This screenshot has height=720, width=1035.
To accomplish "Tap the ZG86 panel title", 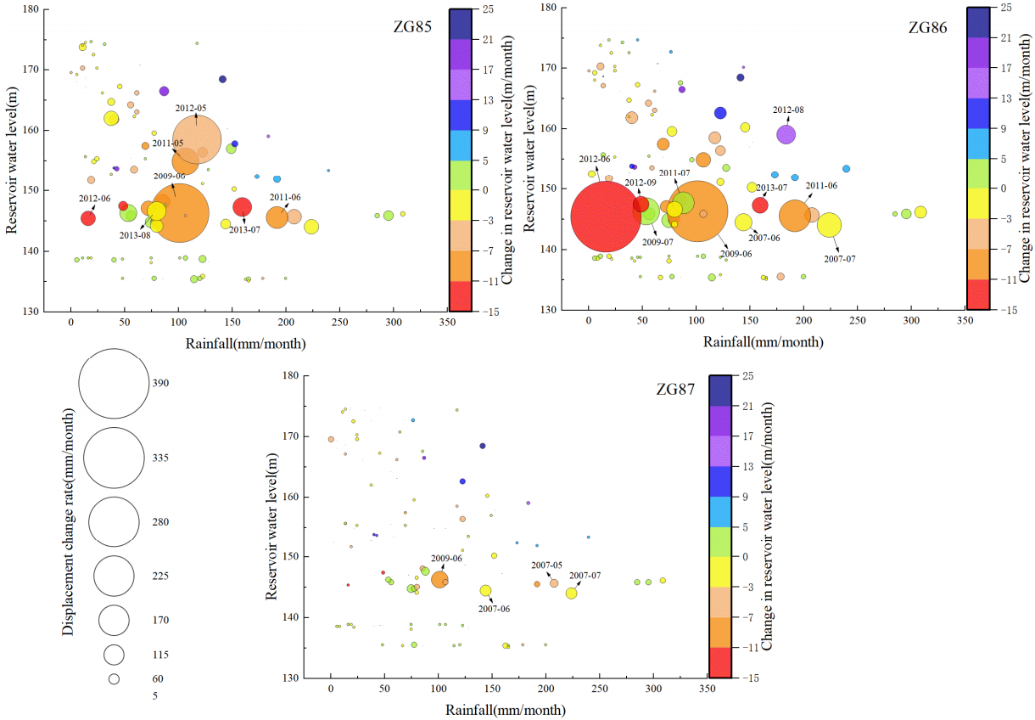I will pos(927,26).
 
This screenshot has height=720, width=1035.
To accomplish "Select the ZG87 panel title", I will pos(675,391).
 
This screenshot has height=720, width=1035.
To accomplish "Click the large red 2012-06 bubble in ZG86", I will pos(603,217).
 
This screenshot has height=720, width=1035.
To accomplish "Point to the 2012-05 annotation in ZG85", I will pos(190,109).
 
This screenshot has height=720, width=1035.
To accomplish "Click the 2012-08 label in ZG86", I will pos(788,110).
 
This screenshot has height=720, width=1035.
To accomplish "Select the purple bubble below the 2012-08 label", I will pos(786,134).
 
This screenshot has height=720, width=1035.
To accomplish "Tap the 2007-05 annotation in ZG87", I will pos(546,565).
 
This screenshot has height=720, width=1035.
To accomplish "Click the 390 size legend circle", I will pos(112,383).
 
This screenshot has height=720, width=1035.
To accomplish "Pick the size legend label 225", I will pos(161,577).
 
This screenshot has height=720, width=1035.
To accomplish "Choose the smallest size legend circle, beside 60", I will pos(114,679).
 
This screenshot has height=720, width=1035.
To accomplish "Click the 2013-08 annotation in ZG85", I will pos(134,235).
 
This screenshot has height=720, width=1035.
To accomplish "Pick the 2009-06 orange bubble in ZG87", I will pos(439,579).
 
